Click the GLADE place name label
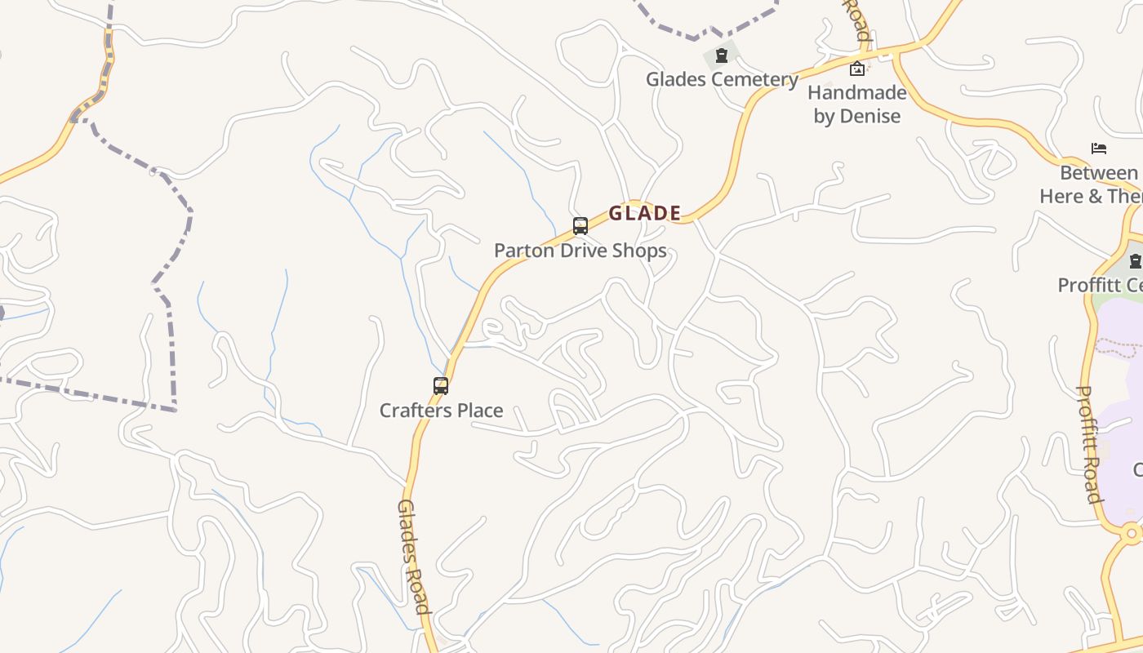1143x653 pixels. (644, 214)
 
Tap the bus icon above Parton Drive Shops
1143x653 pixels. (580, 226)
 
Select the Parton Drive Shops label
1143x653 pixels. (580, 251)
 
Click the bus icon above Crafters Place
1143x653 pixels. (441, 386)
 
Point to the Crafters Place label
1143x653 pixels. (441, 411)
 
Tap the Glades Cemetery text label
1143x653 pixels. (722, 80)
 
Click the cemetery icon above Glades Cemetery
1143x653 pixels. (722, 56)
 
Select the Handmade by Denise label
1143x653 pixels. (857, 104)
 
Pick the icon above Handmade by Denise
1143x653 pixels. (857, 69)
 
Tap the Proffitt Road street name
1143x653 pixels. (1090, 444)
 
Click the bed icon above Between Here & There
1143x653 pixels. (1099, 149)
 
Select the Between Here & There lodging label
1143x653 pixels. (1094, 185)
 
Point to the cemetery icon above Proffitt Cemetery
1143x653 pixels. (1135, 261)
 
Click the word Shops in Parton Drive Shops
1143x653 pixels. (634, 251)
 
